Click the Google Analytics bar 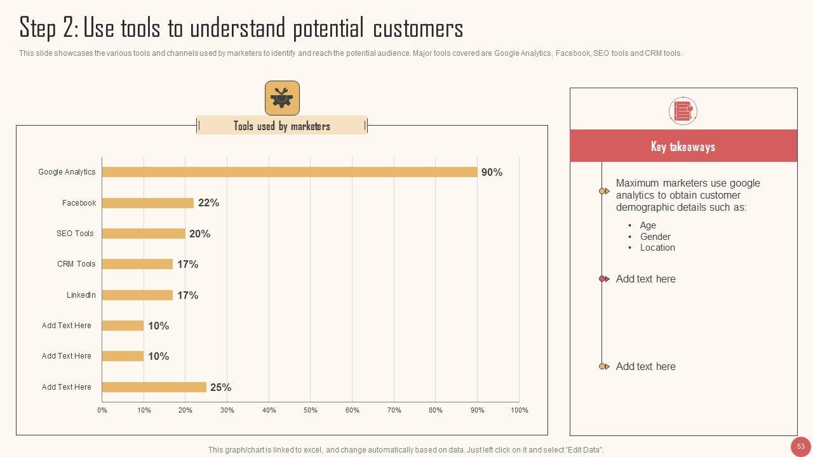coord(290,172)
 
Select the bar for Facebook coord(148,203)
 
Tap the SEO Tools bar coord(144,234)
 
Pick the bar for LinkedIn coord(137,295)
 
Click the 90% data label coord(492,172)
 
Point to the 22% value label coord(208,203)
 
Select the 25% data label coord(220,387)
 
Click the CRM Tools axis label coord(76,264)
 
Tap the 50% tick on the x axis coord(311,410)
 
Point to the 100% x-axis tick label coord(519,410)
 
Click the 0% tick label coord(102,410)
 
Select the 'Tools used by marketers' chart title coord(282,126)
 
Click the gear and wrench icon coord(282,98)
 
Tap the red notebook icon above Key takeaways coord(683,111)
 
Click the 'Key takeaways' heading coord(683,147)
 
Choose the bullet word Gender coord(655,237)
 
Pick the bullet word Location coord(657,248)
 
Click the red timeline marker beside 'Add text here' coord(603,279)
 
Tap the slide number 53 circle coord(801,446)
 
